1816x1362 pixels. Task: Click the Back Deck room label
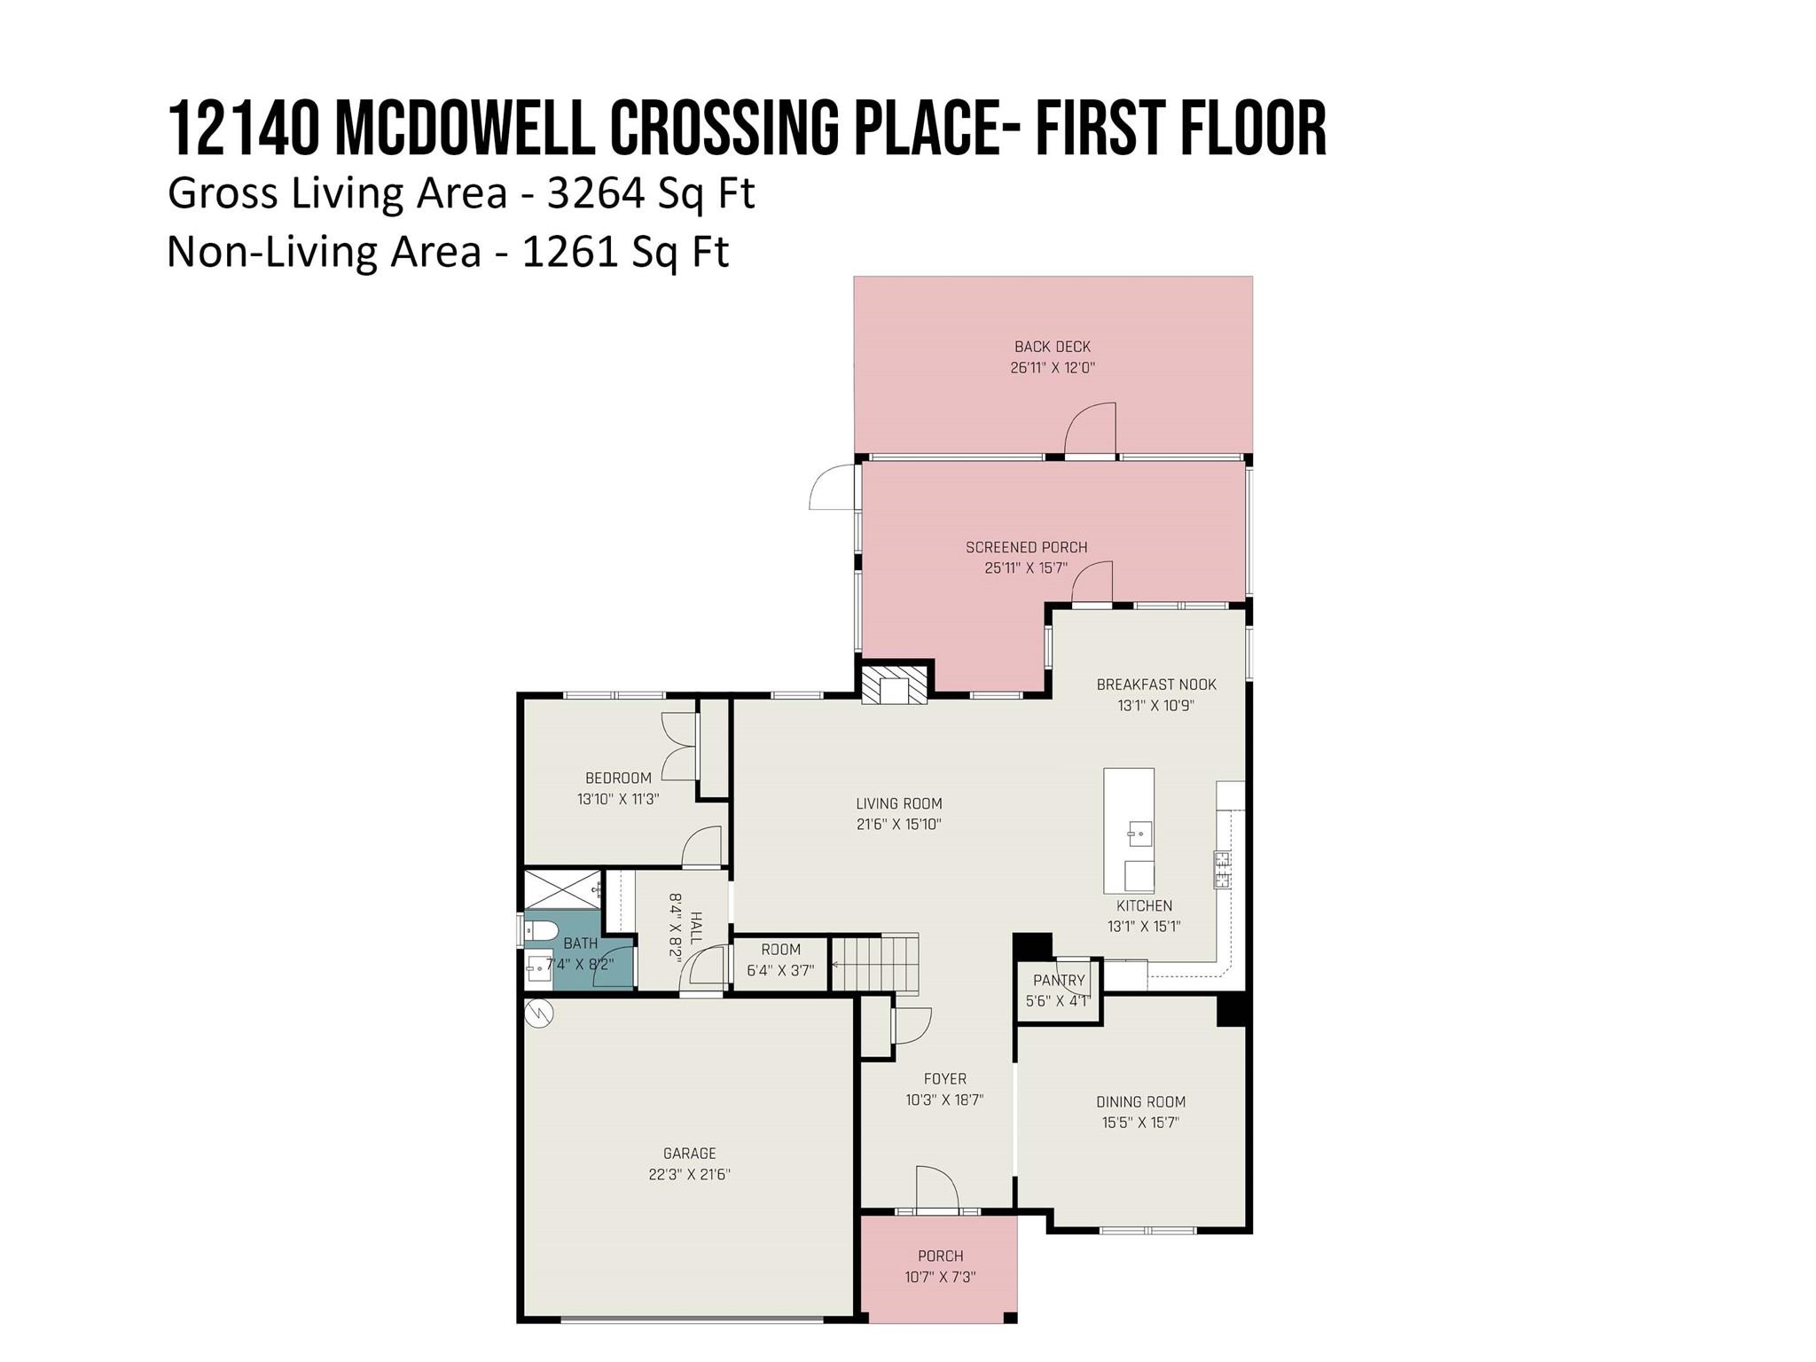pos(1053,347)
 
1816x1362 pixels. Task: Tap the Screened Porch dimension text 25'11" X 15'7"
pos(1026,567)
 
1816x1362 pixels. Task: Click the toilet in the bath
pos(540,930)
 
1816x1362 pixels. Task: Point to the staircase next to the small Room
pos(873,964)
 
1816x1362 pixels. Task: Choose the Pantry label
pos(1059,980)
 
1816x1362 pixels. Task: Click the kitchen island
pos(1129,831)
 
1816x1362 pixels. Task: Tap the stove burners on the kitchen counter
pos(1221,870)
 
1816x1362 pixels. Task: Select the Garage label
pos(689,1154)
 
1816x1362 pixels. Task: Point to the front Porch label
pos(940,1256)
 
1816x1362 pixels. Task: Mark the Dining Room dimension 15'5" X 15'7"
pos(1140,1123)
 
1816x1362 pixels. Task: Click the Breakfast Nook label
pos(1156,685)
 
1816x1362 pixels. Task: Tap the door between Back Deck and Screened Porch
pos(1090,430)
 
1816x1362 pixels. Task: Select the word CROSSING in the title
pos(724,129)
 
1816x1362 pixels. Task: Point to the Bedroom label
pos(618,778)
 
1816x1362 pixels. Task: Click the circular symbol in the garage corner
pos(539,1014)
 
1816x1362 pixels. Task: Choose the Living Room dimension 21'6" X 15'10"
pos(898,824)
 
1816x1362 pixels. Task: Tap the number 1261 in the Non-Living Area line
pos(569,252)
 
